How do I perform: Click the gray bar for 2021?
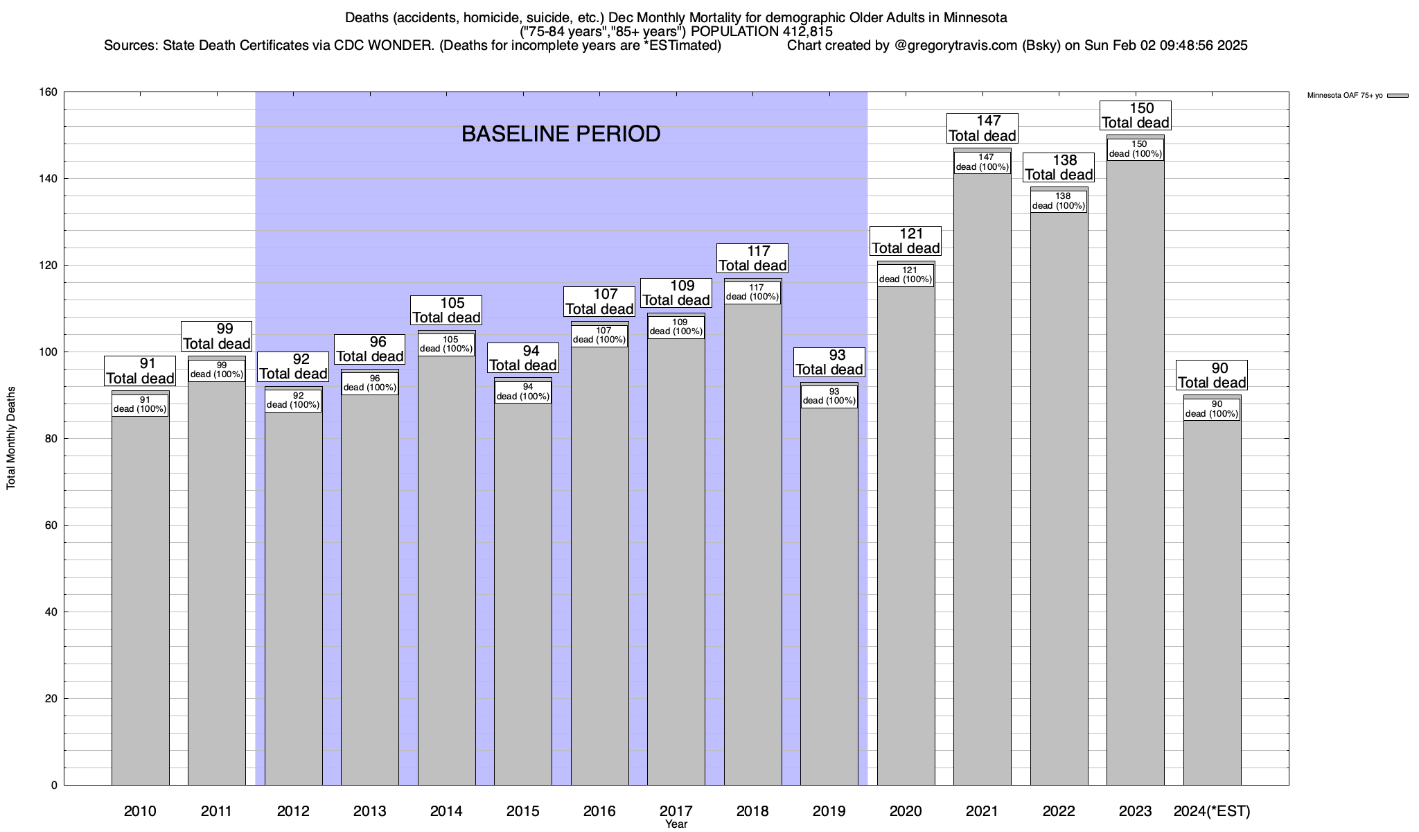(x=982, y=485)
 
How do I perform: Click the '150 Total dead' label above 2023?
(x=1136, y=116)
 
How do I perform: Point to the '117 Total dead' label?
(x=752, y=258)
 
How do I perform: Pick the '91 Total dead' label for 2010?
(x=140, y=371)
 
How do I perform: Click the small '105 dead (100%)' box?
(x=447, y=345)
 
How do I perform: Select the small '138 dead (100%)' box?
(x=1059, y=201)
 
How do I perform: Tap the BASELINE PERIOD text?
(x=561, y=134)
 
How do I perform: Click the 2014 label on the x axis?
(x=446, y=811)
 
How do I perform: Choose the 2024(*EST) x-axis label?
(x=1212, y=811)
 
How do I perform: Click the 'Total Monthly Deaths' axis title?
(x=11, y=438)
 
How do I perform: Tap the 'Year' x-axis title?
(x=676, y=824)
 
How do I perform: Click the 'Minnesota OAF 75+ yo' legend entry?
(x=1344, y=96)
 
